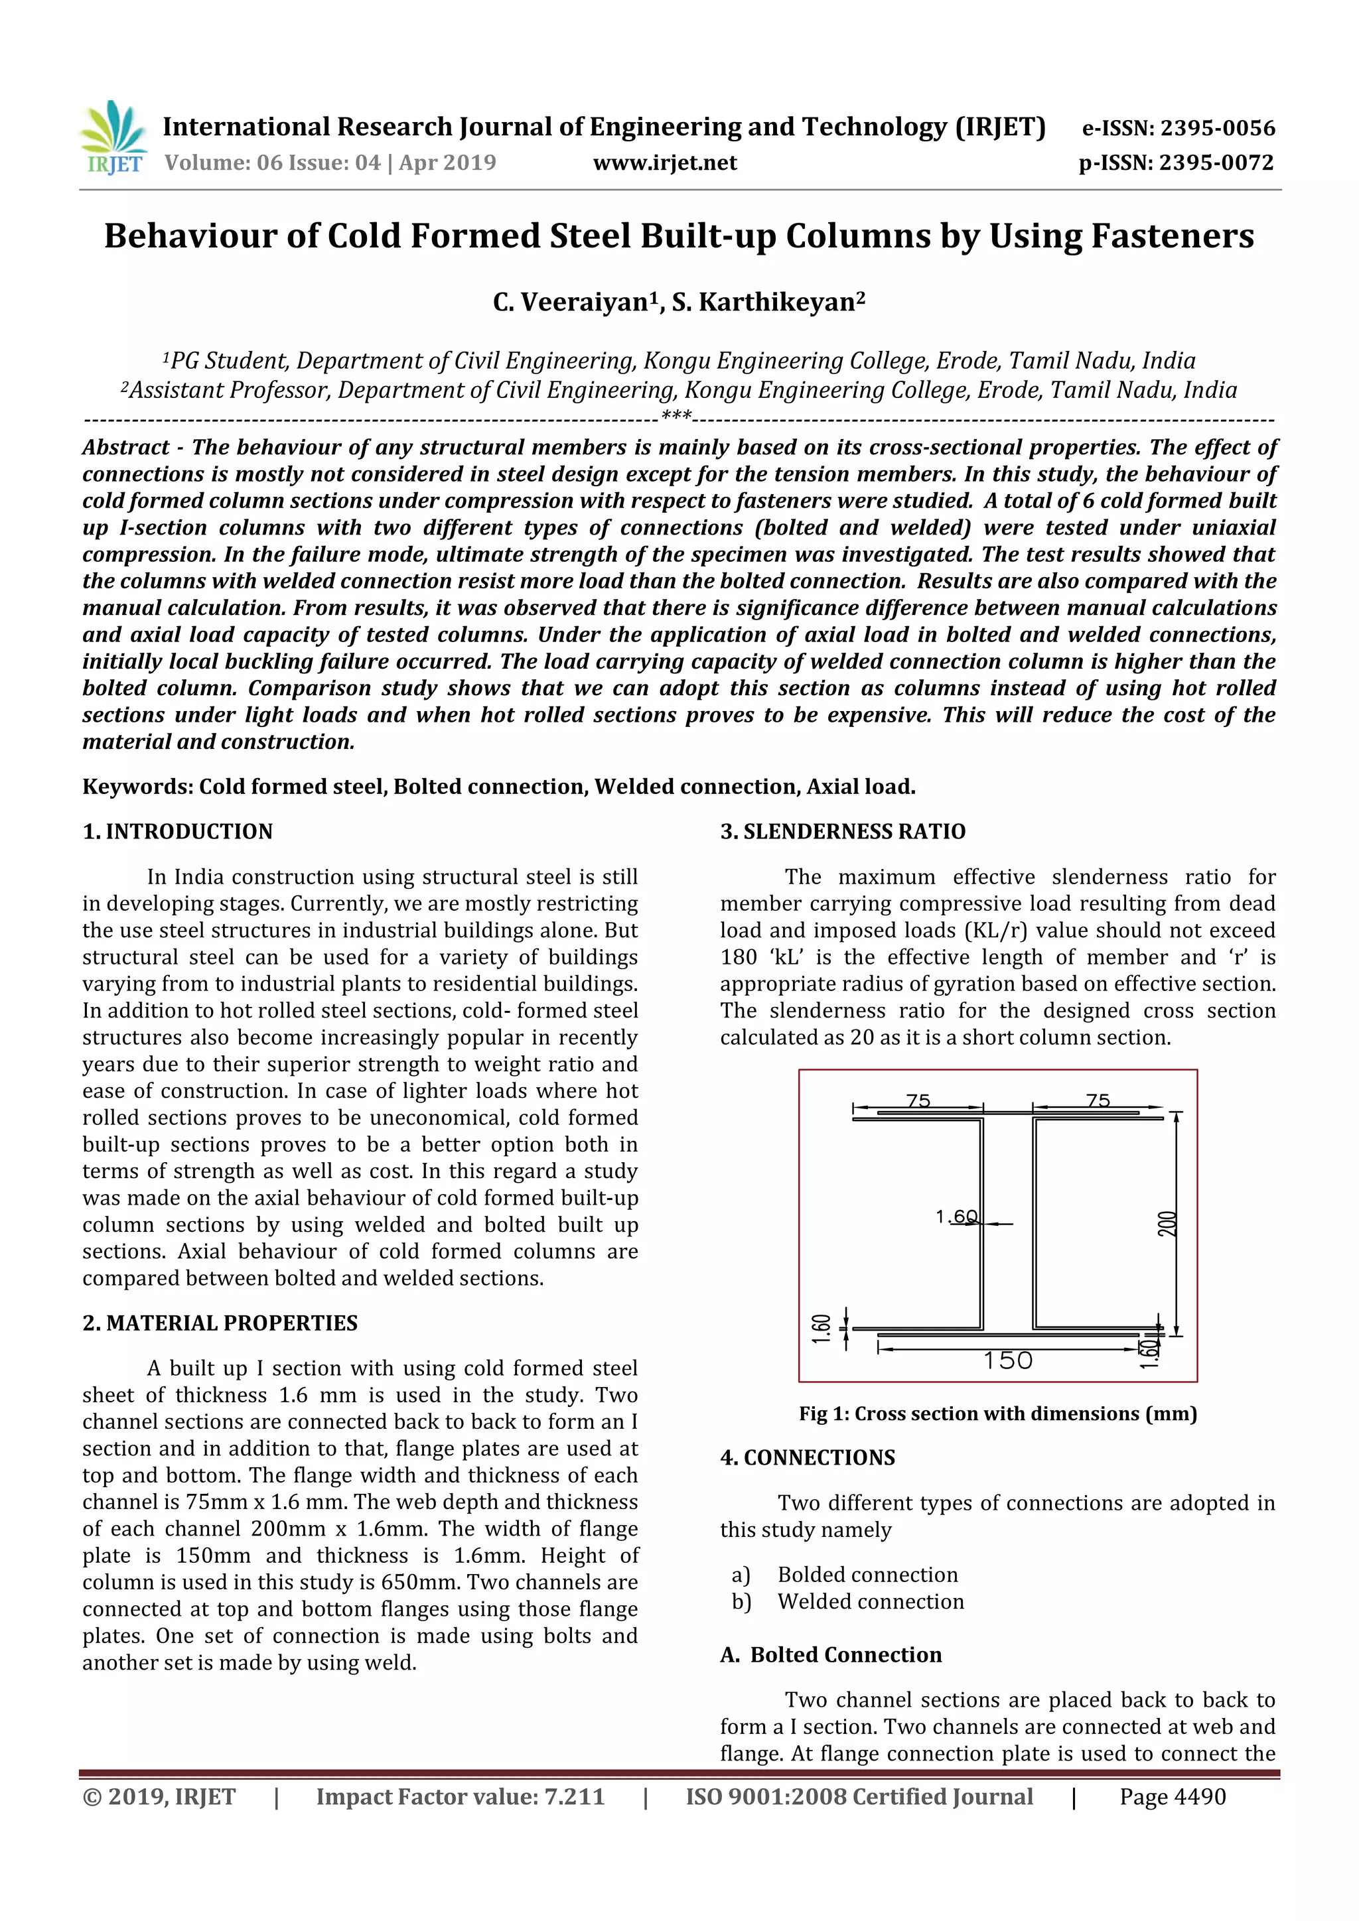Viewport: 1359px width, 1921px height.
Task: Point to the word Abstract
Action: coord(125,448)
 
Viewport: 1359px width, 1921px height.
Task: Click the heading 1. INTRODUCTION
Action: coord(177,832)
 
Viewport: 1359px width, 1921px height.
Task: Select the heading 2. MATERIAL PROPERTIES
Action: coord(220,1323)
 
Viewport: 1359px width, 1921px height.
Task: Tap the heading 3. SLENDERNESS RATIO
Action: coord(843,832)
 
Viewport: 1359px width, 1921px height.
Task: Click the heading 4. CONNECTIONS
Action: coord(808,1457)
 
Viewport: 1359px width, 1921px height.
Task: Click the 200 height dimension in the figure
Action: coord(1168,1224)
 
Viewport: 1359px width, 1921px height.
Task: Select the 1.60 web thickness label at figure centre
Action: coord(956,1217)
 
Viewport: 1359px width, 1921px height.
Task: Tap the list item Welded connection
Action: coord(871,1601)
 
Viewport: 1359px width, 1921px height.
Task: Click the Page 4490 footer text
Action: coord(1173,1796)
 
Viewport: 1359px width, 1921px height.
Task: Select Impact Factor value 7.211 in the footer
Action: coord(461,1796)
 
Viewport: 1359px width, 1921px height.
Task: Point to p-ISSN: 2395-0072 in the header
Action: coord(1176,163)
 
